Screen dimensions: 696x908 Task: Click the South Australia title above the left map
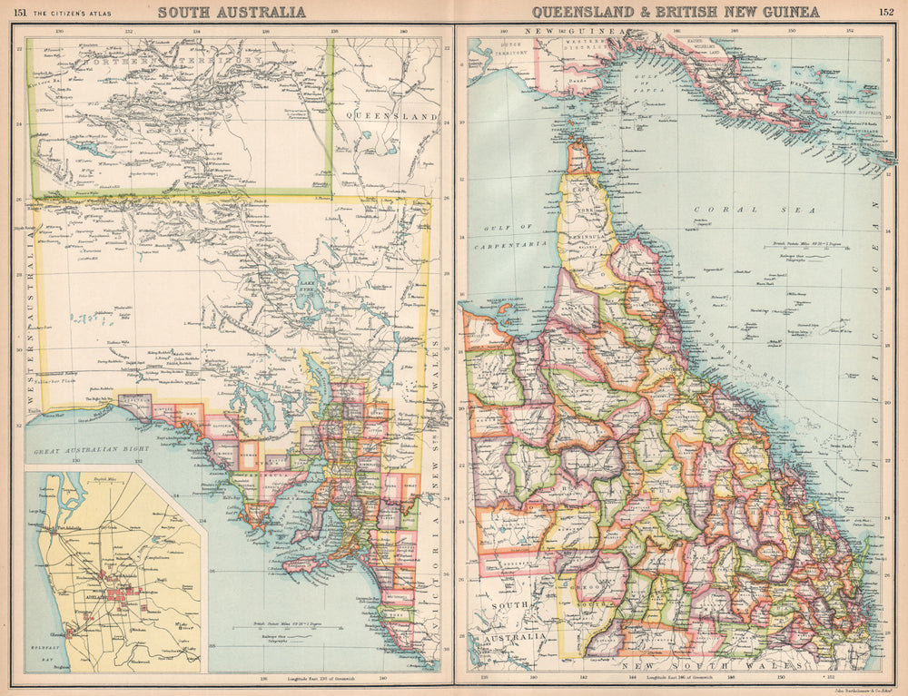(x=232, y=12)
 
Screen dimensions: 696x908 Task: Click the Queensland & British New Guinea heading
(x=676, y=12)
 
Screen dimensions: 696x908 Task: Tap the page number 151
(x=20, y=12)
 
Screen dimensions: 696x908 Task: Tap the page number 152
(x=885, y=12)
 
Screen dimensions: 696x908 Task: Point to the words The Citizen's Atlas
(x=72, y=12)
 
